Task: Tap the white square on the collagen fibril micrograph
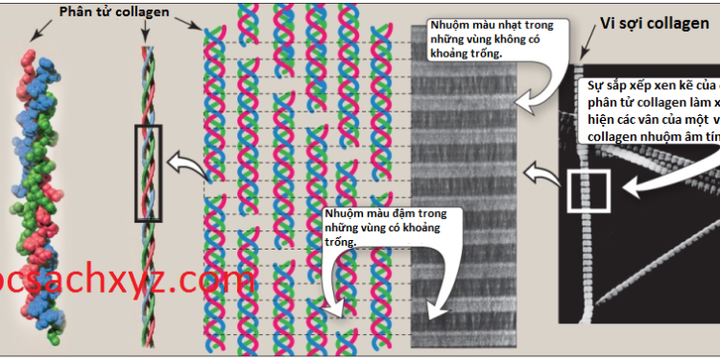coord(588,188)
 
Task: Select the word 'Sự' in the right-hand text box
coord(595,85)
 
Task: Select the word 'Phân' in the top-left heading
coord(76,12)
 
